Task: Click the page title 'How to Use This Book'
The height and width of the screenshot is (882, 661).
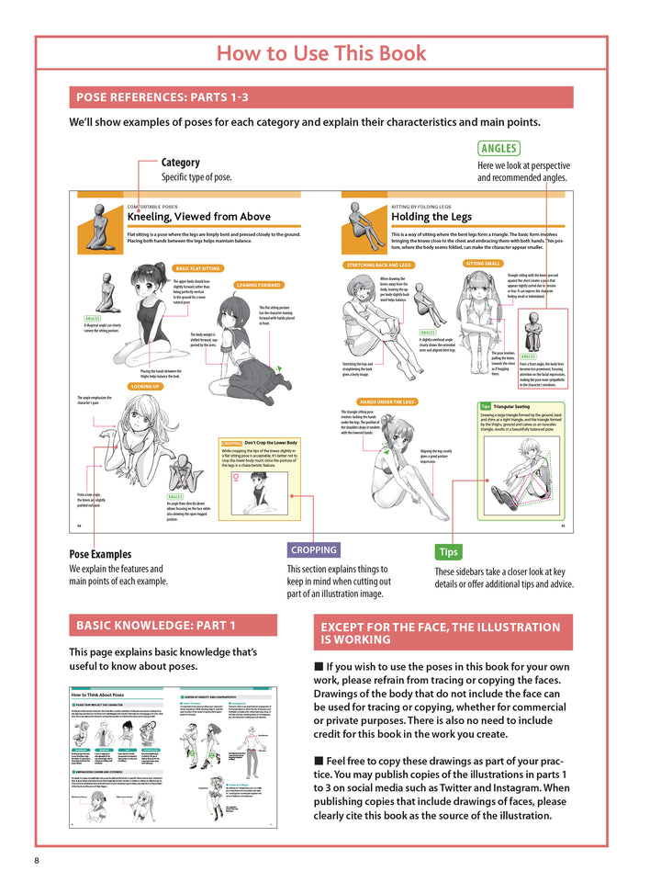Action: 320,52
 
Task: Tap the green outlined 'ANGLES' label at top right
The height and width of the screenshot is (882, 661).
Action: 499,148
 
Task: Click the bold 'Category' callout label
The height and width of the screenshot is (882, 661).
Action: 180,163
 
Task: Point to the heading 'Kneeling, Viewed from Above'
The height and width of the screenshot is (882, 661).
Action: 198,217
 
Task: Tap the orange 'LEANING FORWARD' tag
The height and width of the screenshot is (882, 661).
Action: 260,285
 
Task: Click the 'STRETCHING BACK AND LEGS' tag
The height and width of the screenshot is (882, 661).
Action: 379,266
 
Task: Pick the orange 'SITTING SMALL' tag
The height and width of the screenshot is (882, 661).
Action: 483,263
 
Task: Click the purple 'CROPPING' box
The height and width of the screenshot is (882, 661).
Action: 313,549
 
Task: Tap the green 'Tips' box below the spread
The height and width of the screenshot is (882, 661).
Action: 448,552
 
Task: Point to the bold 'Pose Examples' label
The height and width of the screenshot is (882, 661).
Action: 100,554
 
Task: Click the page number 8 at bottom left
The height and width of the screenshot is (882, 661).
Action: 37,860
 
